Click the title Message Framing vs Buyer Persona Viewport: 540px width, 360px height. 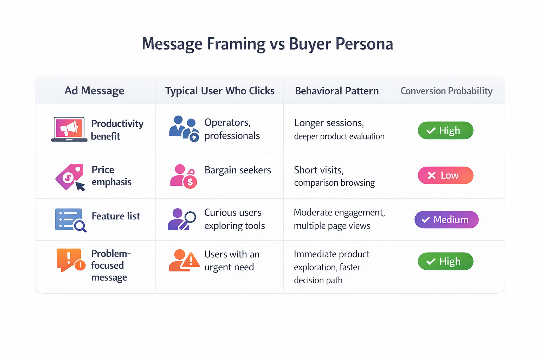click(267, 44)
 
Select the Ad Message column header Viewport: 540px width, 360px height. click(94, 91)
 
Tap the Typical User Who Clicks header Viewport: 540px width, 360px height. click(220, 91)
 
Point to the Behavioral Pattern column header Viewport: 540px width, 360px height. click(337, 91)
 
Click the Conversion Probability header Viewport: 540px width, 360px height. click(446, 91)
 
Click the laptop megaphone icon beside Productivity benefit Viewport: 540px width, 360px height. click(69, 129)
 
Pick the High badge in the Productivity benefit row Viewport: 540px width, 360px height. click(445, 130)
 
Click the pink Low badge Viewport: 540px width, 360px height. click(445, 175)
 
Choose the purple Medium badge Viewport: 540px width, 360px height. click(446, 220)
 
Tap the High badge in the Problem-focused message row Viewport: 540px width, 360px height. click(445, 261)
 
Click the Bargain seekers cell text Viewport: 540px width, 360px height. click(238, 170)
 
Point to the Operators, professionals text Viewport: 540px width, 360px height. click(232, 129)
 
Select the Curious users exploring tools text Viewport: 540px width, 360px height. click(234, 219)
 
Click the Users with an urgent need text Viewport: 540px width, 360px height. click(232, 261)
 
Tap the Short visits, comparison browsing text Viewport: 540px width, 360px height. click(334, 176)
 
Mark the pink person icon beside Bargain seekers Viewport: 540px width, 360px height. click(183, 176)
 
